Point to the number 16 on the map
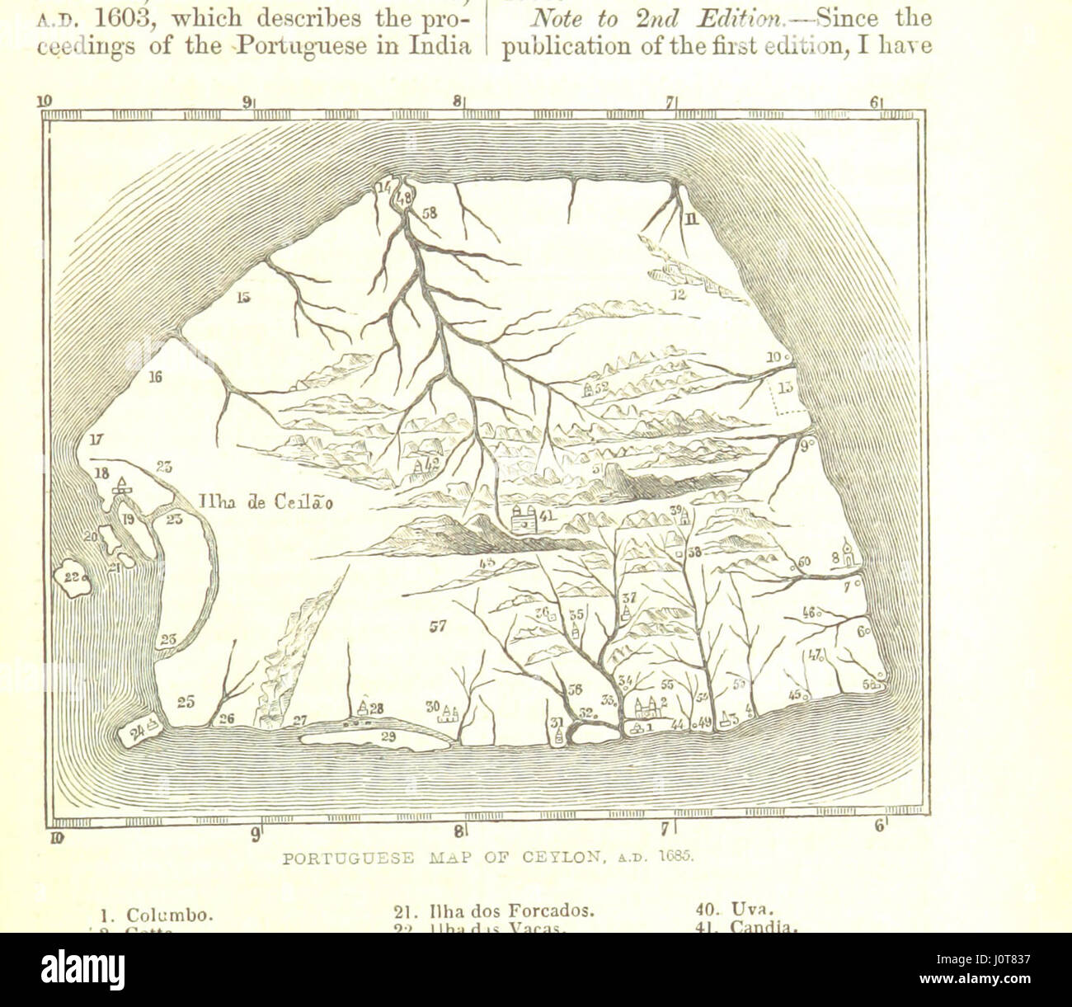coord(156,378)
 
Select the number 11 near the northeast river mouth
coord(691,218)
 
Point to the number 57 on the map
coord(437,627)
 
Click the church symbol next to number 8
coord(850,557)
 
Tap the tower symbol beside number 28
coord(362,705)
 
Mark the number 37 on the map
coord(629,598)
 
